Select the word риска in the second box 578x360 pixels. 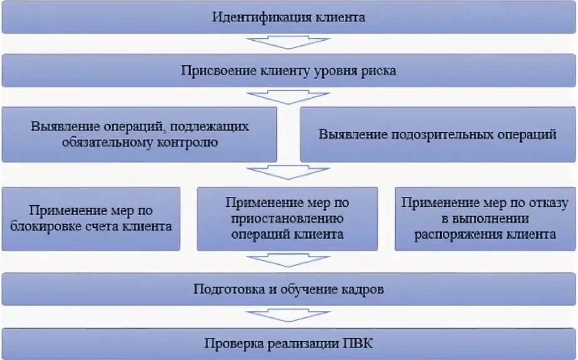click(377, 71)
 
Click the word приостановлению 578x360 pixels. click(288, 219)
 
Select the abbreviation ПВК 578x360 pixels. click(358, 343)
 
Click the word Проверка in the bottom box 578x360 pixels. click(231, 343)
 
